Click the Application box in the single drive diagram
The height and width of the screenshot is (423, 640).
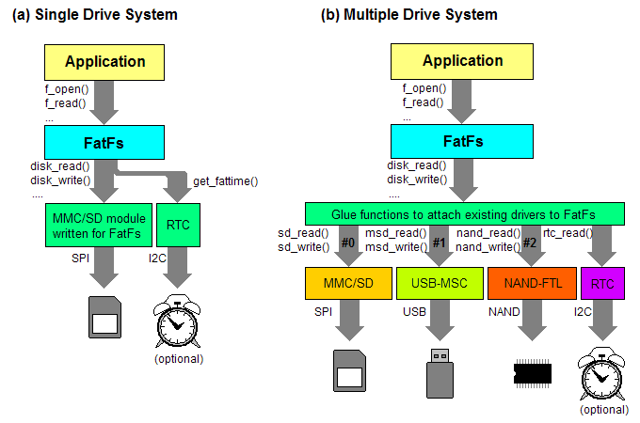pyautogui.click(x=104, y=62)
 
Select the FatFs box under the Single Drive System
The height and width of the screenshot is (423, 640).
pyautogui.click(x=104, y=143)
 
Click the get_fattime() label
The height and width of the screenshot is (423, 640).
pyautogui.click(x=225, y=180)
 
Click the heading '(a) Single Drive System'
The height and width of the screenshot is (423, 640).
pyautogui.click(x=95, y=15)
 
